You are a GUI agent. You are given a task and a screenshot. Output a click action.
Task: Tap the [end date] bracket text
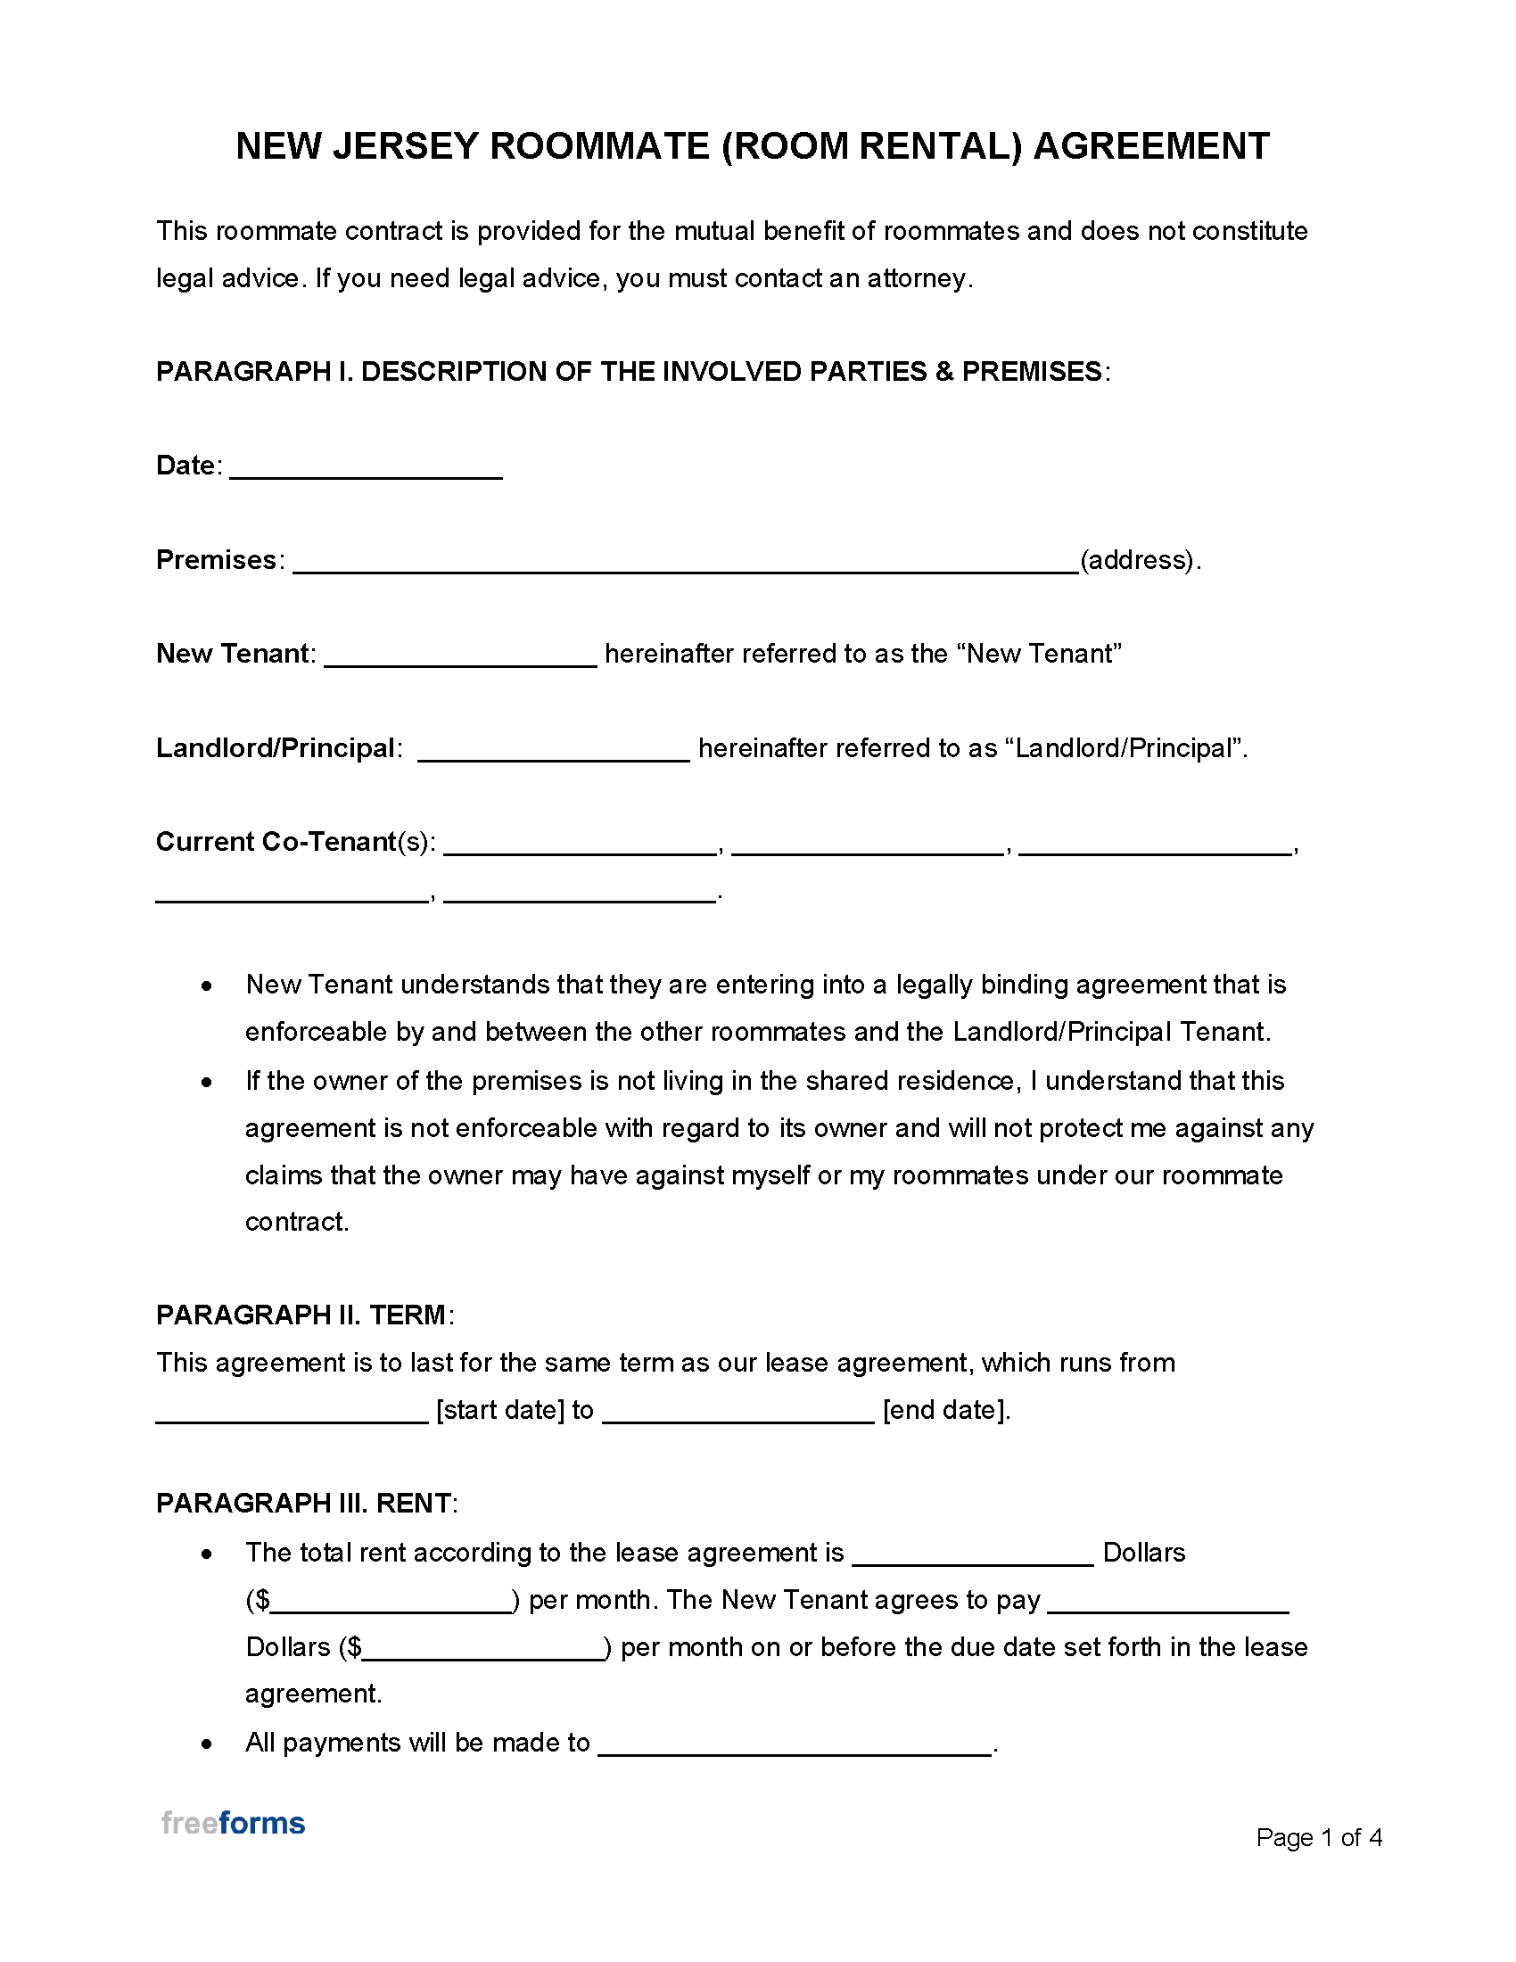pyautogui.click(x=945, y=1409)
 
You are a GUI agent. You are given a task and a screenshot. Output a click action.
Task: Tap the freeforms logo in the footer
pyautogui.click(x=233, y=1823)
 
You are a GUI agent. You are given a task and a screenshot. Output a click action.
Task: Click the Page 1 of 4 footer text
pyautogui.click(x=1317, y=1837)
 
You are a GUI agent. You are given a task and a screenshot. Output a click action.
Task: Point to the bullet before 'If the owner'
pyautogui.click(x=208, y=1082)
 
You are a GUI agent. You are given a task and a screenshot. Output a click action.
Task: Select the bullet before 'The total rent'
pyautogui.click(x=208, y=1554)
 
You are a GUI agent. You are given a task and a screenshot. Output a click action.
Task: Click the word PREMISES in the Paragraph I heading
pyautogui.click(x=1031, y=372)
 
